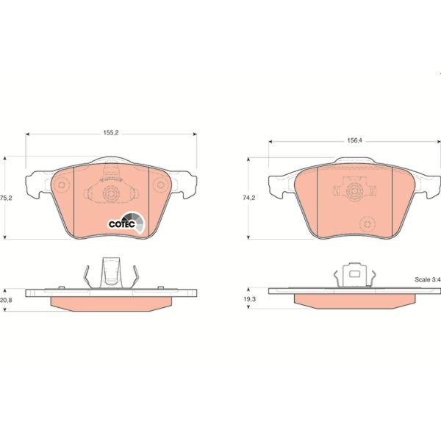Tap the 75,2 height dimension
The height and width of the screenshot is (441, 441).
[x=7, y=198]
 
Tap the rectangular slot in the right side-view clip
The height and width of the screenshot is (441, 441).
[x=354, y=276]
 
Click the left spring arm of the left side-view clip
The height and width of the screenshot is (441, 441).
[x=88, y=276]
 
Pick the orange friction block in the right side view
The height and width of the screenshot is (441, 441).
[x=354, y=301]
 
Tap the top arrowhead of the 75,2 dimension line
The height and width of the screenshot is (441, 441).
[x=7, y=157]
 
